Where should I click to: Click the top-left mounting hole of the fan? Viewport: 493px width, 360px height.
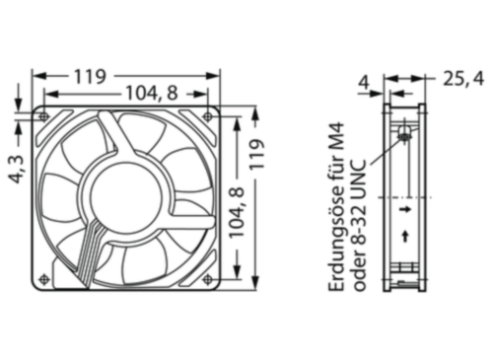point(42,116)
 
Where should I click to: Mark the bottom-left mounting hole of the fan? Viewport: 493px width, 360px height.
point(42,279)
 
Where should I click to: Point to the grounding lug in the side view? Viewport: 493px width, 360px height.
point(404,135)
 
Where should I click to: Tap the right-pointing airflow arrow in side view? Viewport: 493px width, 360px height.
point(405,209)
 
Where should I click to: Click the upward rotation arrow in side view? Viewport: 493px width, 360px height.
point(405,236)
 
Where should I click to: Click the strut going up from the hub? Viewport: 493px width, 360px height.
point(111,138)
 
